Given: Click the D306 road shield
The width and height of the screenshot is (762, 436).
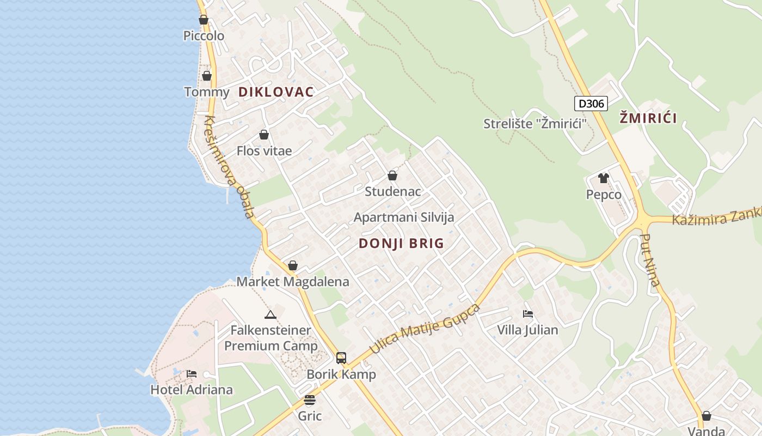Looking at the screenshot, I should (591, 104).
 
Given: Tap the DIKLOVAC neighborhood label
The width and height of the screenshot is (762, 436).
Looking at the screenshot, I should (276, 92).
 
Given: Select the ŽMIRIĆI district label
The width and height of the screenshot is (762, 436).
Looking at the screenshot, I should (648, 118).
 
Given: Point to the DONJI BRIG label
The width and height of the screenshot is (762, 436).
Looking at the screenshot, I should (402, 244).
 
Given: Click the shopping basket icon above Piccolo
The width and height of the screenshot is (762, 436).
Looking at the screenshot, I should (204, 20).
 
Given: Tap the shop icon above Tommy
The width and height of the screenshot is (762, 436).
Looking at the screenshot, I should (207, 76).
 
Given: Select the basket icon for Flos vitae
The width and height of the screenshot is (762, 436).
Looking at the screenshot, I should (264, 135).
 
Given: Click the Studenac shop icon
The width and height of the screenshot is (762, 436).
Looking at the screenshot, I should (392, 175).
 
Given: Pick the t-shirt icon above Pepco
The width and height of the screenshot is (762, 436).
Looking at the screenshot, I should (603, 178).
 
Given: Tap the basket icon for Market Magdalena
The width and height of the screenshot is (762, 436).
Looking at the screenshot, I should (293, 265).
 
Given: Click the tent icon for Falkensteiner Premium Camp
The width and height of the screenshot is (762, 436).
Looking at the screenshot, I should (271, 314).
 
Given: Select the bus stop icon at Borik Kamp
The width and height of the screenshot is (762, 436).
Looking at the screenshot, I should (341, 358).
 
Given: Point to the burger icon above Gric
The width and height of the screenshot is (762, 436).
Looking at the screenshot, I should (310, 401).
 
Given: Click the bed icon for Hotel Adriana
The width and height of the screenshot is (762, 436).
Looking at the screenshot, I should (192, 374).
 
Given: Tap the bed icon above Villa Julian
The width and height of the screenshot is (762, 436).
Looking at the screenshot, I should (527, 314).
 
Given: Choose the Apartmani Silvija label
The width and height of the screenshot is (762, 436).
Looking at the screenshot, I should (404, 217).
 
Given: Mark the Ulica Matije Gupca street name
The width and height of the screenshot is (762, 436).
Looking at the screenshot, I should (425, 329).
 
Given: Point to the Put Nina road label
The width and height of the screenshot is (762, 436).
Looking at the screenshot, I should (650, 260).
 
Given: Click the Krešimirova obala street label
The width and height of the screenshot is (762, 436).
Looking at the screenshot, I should (229, 167).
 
